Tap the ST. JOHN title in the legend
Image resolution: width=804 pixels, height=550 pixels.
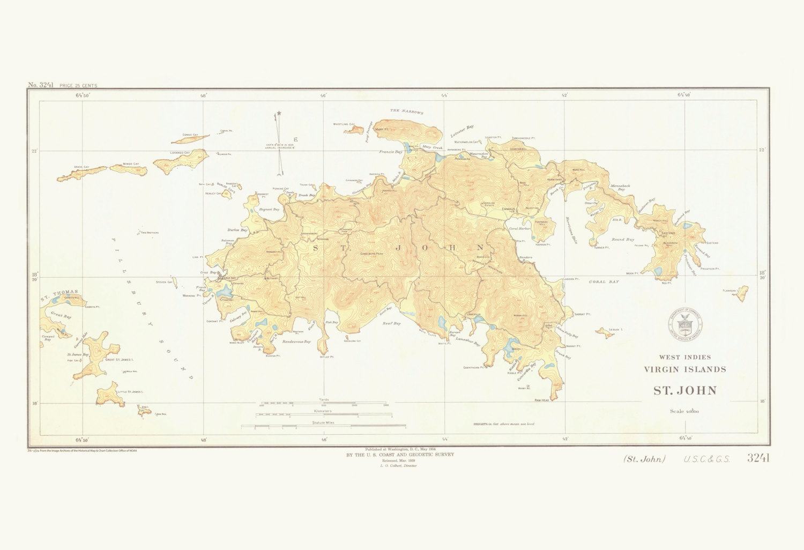pos(684,390)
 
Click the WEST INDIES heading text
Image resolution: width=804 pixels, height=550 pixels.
pos(684,357)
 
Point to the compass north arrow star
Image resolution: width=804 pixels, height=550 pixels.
pos(279,114)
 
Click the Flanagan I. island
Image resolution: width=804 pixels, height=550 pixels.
pos(743,293)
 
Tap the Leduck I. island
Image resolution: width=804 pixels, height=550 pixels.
pos(605,333)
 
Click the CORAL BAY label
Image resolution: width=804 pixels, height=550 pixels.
pos(604,281)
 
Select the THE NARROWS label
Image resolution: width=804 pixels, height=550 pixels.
pos(406,112)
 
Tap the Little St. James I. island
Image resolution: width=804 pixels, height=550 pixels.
pos(108,395)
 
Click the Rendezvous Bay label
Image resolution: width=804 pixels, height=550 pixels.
pos(296,341)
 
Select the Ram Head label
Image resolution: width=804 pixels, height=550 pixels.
pos(541,400)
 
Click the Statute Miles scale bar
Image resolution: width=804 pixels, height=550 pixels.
pos(323,427)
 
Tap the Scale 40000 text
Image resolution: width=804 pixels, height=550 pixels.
pos(684,412)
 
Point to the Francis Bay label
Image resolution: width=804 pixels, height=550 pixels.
pos(390,152)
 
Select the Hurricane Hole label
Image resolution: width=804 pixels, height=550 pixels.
pos(571,231)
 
